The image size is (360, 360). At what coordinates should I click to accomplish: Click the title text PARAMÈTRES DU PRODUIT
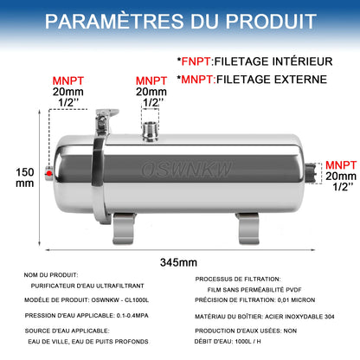(x=179, y=21)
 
